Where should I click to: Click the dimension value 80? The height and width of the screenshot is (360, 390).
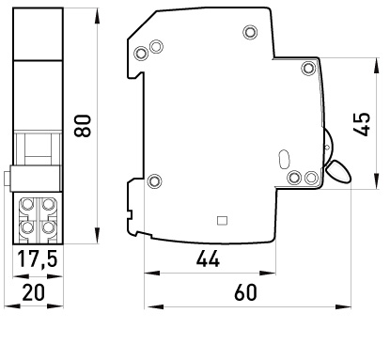[83, 126]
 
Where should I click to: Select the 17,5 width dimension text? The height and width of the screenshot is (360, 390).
[38, 258]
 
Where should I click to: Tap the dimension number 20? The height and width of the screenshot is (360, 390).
[34, 292]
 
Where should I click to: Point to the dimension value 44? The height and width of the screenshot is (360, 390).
[208, 258]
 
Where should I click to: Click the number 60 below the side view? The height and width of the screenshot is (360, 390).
[245, 292]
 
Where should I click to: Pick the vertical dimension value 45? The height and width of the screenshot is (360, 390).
[362, 124]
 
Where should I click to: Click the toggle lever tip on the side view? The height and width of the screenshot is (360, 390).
[338, 171]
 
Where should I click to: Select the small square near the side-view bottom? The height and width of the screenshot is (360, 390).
[222, 221]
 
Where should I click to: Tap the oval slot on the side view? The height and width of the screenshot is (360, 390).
[284, 159]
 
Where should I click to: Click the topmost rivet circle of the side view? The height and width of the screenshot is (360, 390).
[250, 32]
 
